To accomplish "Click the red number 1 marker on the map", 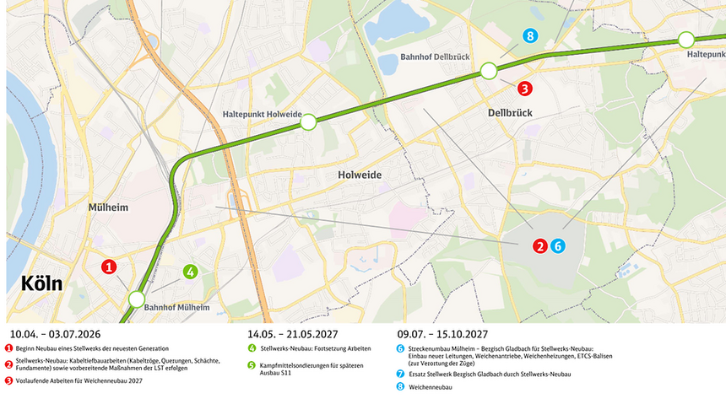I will click(109, 267).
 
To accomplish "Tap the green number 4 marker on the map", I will click(191, 272).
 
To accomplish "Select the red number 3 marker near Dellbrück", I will click(524, 88).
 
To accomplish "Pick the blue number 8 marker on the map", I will click(529, 35).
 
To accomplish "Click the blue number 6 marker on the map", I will click(557, 246).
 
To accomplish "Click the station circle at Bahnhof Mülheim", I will click(136, 299).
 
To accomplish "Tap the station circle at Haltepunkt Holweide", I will click(308, 123).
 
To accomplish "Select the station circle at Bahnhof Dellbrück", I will click(488, 71).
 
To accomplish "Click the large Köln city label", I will click(40, 283).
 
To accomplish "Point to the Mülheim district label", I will click(108, 207).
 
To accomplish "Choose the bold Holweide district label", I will click(360, 175).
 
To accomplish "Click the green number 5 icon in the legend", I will click(252, 366).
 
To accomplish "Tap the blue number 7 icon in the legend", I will click(400, 373).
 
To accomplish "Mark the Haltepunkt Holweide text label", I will click(262, 114).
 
